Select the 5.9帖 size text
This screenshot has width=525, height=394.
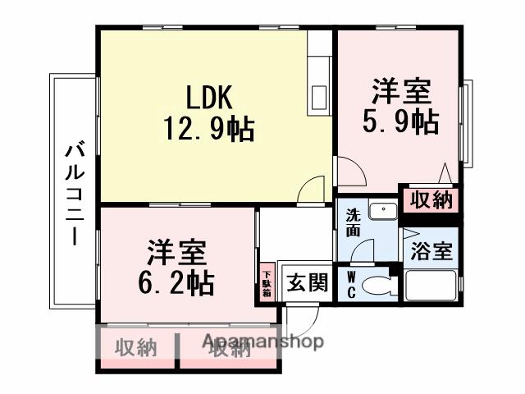coord(400,121)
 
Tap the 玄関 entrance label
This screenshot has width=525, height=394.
coord(307,283)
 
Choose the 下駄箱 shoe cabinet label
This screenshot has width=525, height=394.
coord(267,282)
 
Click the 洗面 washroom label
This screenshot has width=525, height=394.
coord(352,224)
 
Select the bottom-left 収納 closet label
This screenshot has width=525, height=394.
coord(135,348)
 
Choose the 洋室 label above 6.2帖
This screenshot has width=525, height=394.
coord(176,250)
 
